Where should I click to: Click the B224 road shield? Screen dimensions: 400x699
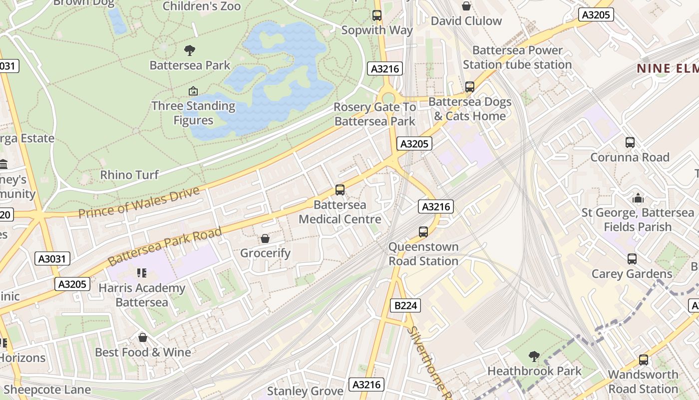coord(405,305)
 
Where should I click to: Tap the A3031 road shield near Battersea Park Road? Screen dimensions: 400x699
coord(52,258)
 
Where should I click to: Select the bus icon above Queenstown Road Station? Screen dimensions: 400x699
coord(423,232)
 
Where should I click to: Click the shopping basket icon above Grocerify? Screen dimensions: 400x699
coord(265,238)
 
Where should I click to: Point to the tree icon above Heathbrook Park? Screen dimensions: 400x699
coord(534,356)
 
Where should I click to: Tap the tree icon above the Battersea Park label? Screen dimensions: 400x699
coord(189,50)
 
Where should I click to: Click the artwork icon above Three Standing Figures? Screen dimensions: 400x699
coord(193,91)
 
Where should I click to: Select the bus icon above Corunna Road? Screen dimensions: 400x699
coord(630,142)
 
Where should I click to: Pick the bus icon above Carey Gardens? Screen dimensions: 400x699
coord(632,259)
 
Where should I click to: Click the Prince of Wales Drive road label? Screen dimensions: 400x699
coord(139,202)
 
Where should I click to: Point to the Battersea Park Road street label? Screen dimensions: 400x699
coord(164,246)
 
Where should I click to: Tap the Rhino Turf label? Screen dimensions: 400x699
coord(129,174)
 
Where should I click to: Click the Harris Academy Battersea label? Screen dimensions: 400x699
coord(142,295)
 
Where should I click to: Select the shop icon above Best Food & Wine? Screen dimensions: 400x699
coord(143,337)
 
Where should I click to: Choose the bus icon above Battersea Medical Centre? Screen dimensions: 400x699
coord(340,190)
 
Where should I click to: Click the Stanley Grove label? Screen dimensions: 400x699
coord(305,390)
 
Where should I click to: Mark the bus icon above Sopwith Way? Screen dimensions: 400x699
coord(377,15)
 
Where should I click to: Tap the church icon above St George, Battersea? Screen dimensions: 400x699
coord(638,198)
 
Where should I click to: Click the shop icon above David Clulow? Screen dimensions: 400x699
coord(466,6)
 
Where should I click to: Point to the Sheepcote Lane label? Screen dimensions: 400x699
coord(47,389)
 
